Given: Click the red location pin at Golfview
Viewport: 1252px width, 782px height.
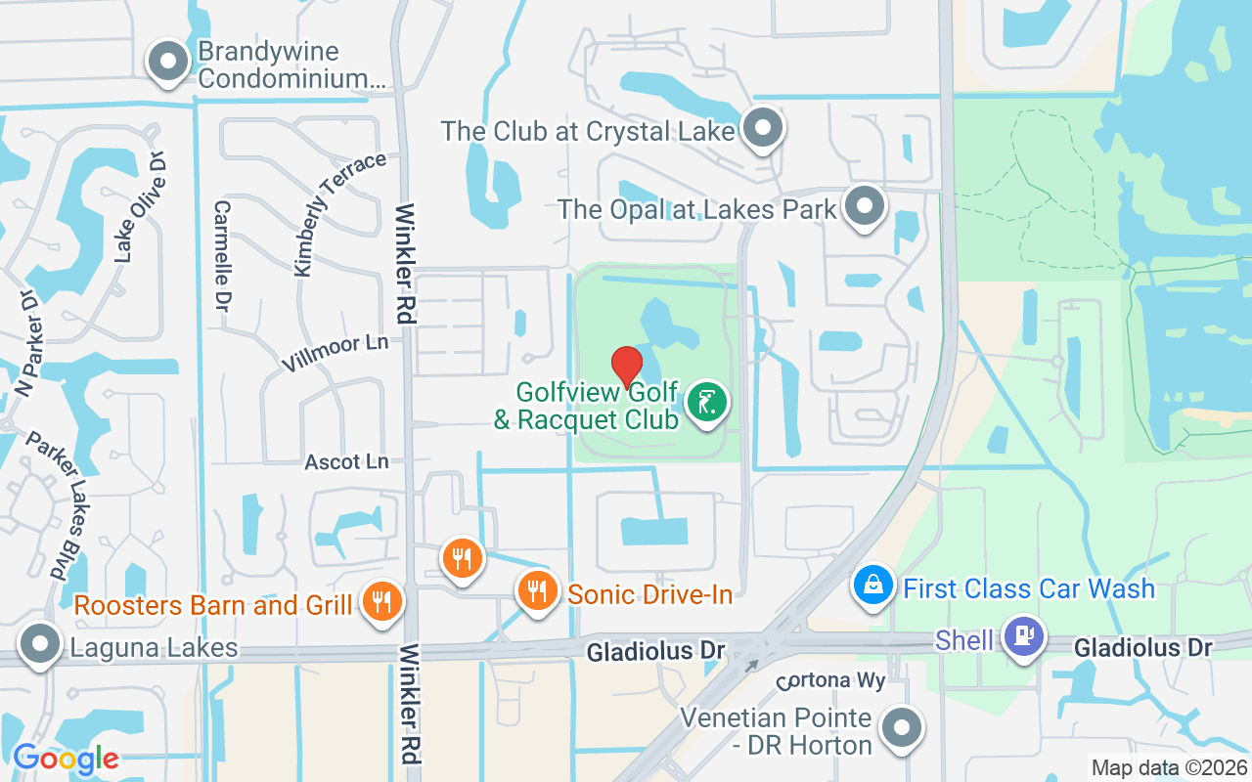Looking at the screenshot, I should [627, 367].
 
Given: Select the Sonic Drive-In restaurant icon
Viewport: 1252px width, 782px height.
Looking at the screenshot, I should [536, 591].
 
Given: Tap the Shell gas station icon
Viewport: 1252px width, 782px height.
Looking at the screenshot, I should [1023, 637].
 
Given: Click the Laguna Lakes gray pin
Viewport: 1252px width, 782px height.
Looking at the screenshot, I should [40, 645].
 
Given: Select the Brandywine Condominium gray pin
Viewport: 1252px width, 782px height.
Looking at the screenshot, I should [168, 62].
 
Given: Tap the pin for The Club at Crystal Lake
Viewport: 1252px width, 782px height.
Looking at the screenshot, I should [763, 128].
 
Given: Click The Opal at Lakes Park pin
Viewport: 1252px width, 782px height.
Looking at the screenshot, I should [865, 206].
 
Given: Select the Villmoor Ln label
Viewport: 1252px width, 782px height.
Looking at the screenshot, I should [335, 353].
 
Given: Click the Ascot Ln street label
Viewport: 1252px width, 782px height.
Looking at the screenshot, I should [346, 461].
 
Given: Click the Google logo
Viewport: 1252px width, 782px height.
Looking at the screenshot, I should [66, 758].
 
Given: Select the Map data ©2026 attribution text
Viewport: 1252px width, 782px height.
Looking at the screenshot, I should [1170, 767].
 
